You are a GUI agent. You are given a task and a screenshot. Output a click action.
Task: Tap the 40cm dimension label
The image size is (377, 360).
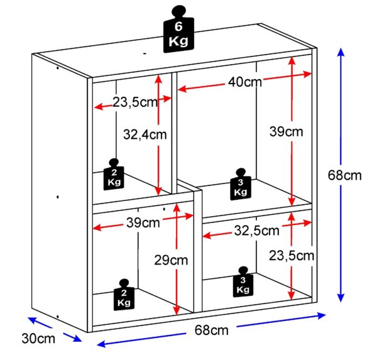pos(244,82)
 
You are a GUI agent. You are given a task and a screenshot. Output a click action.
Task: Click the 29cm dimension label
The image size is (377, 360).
pos(171,259)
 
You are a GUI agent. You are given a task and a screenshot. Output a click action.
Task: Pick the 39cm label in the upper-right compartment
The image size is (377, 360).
pos(286,132)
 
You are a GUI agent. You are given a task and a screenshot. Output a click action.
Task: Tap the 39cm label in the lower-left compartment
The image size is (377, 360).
pos(142,222)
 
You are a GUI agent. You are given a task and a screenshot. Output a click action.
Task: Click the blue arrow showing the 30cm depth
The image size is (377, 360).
pos(55,330)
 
